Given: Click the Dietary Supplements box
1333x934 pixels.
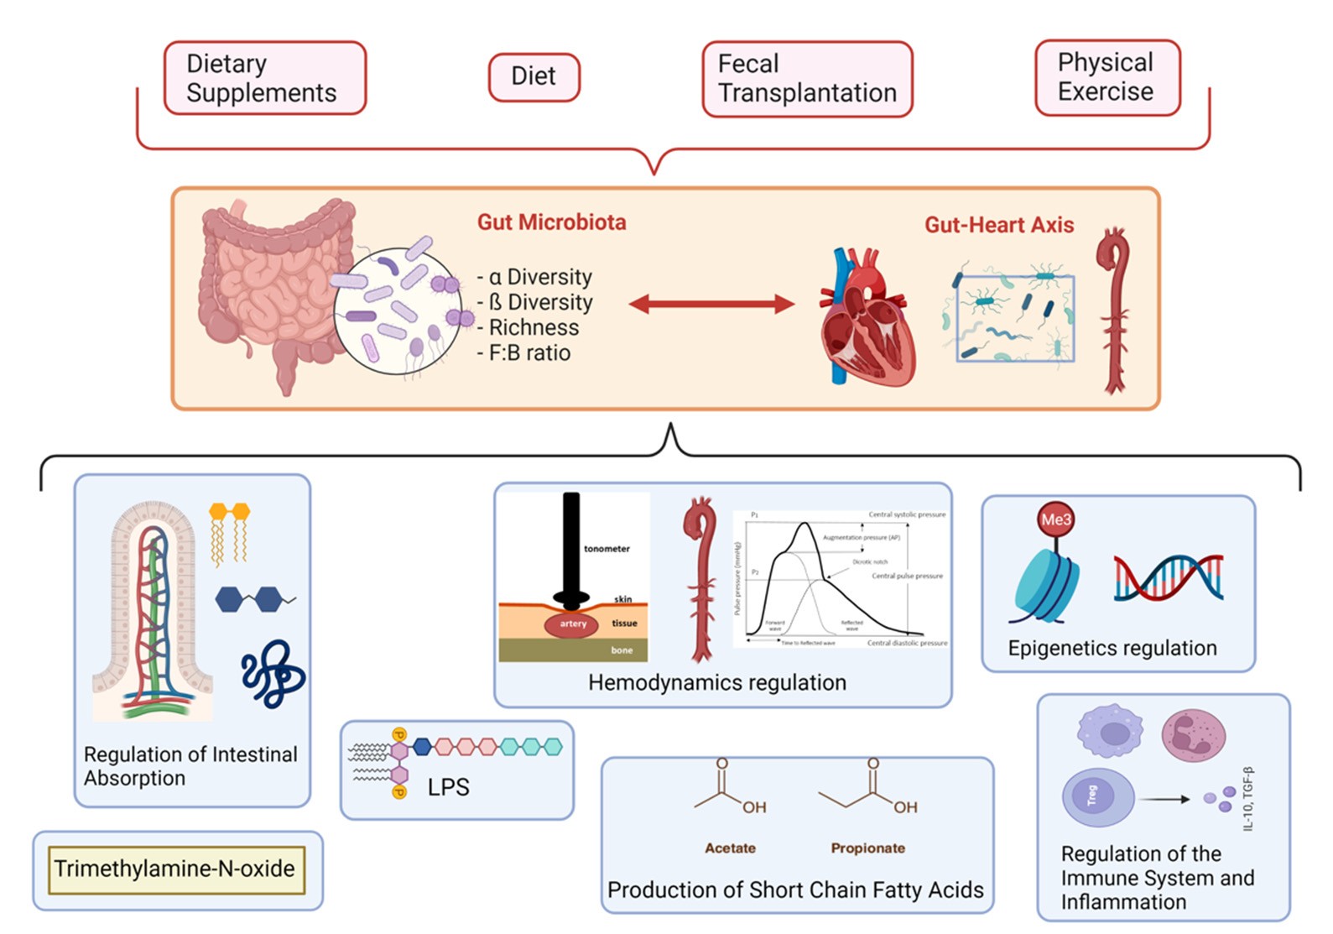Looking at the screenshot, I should pos(264,78).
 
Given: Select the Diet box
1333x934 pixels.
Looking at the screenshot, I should pos(534,76).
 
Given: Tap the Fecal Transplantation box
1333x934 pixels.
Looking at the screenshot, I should pos(807,78).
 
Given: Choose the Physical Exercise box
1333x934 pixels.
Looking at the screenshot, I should pos(1106,77).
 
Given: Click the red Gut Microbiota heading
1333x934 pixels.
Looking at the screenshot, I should pos(552,222).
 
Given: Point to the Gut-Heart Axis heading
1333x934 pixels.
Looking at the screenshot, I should pos(999,225).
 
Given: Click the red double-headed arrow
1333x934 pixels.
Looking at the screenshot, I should pos(711,304).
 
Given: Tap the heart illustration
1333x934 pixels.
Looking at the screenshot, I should pos(866,319).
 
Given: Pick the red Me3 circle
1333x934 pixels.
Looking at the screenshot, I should pos(1056,519).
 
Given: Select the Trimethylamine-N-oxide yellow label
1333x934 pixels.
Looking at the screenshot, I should pos(175,869).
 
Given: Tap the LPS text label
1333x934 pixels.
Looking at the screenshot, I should pos(449,787).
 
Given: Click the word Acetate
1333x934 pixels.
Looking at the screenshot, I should pos(730,848).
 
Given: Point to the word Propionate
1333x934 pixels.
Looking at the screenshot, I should pos(867,848).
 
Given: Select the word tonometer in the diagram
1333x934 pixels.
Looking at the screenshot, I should pos(607,549).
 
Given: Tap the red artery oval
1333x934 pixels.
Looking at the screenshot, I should pos(573,624).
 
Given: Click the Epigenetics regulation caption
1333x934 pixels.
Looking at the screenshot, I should pos(1112,648).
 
